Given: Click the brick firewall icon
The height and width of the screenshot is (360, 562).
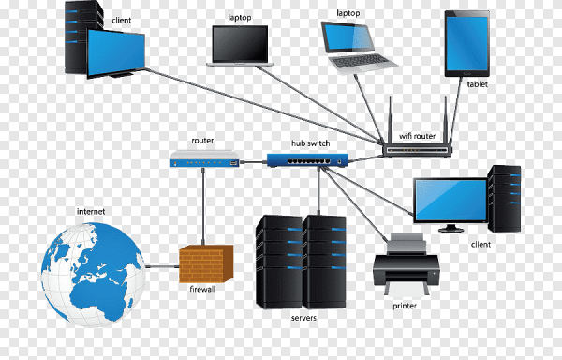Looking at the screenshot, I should (x=205, y=264).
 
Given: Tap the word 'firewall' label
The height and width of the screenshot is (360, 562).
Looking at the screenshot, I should (x=202, y=290).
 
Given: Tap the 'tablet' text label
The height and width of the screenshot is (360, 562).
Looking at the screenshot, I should (x=477, y=84).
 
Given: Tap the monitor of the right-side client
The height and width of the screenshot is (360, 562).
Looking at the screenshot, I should (x=450, y=200).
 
